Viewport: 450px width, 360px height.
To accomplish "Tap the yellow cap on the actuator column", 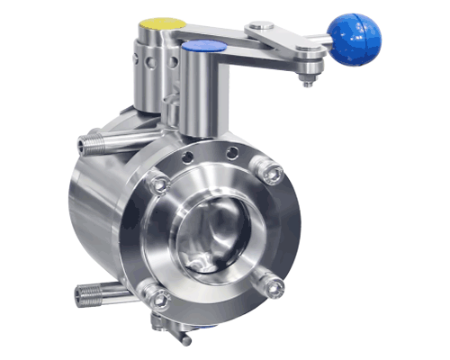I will point(162,23).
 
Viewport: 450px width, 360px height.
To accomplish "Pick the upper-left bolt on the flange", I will point(157,184).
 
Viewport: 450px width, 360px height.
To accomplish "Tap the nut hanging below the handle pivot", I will point(309,81).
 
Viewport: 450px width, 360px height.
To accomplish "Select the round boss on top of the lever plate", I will point(261,28).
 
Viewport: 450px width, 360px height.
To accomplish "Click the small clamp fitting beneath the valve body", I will point(171,328).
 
